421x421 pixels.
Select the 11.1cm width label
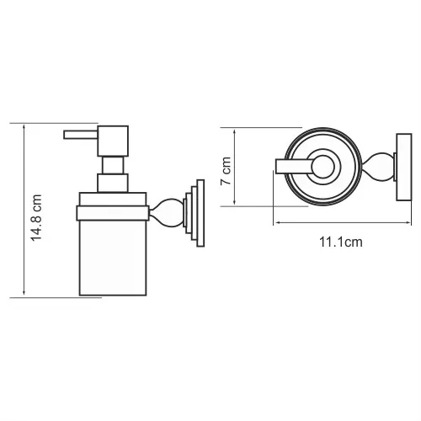tap(340, 242)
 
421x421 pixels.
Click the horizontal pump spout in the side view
tap(82, 133)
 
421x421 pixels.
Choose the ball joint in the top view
tap(381, 166)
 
